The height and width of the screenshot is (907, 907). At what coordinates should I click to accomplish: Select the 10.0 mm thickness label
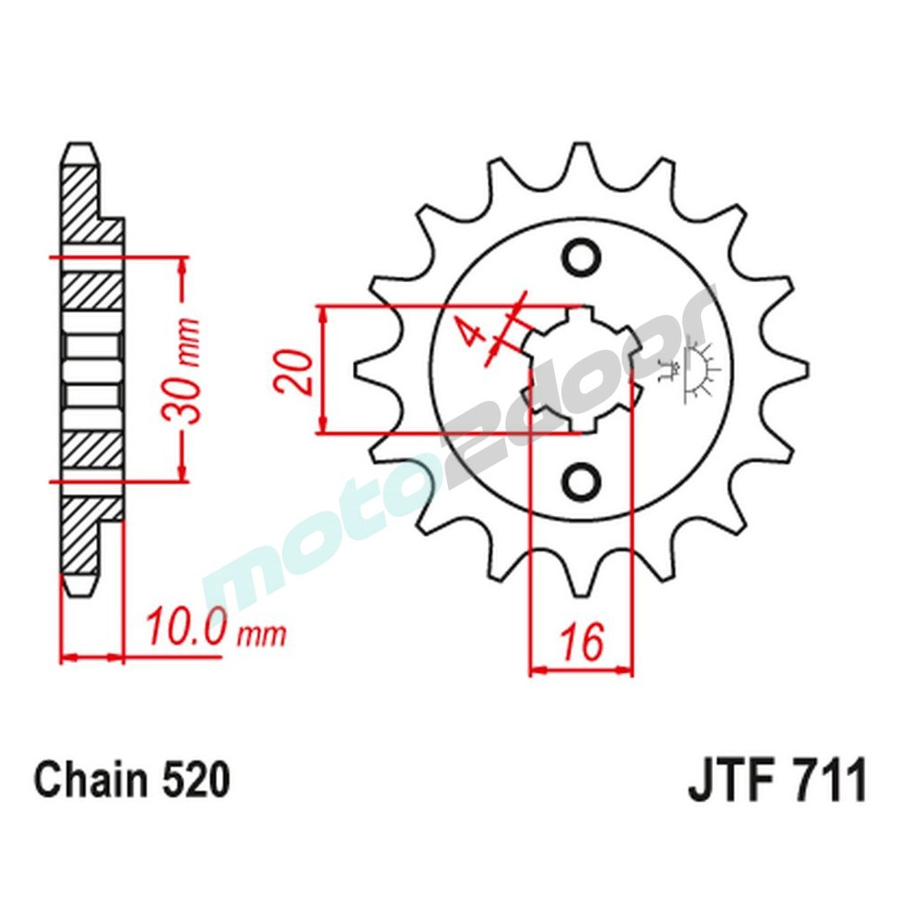tap(214, 628)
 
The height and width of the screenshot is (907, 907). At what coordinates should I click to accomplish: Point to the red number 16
tap(580, 643)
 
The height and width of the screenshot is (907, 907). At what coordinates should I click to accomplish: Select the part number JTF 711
tap(777, 781)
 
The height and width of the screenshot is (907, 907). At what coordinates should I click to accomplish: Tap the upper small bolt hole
tap(581, 258)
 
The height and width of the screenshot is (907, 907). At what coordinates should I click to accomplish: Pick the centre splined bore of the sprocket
tap(581, 369)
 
